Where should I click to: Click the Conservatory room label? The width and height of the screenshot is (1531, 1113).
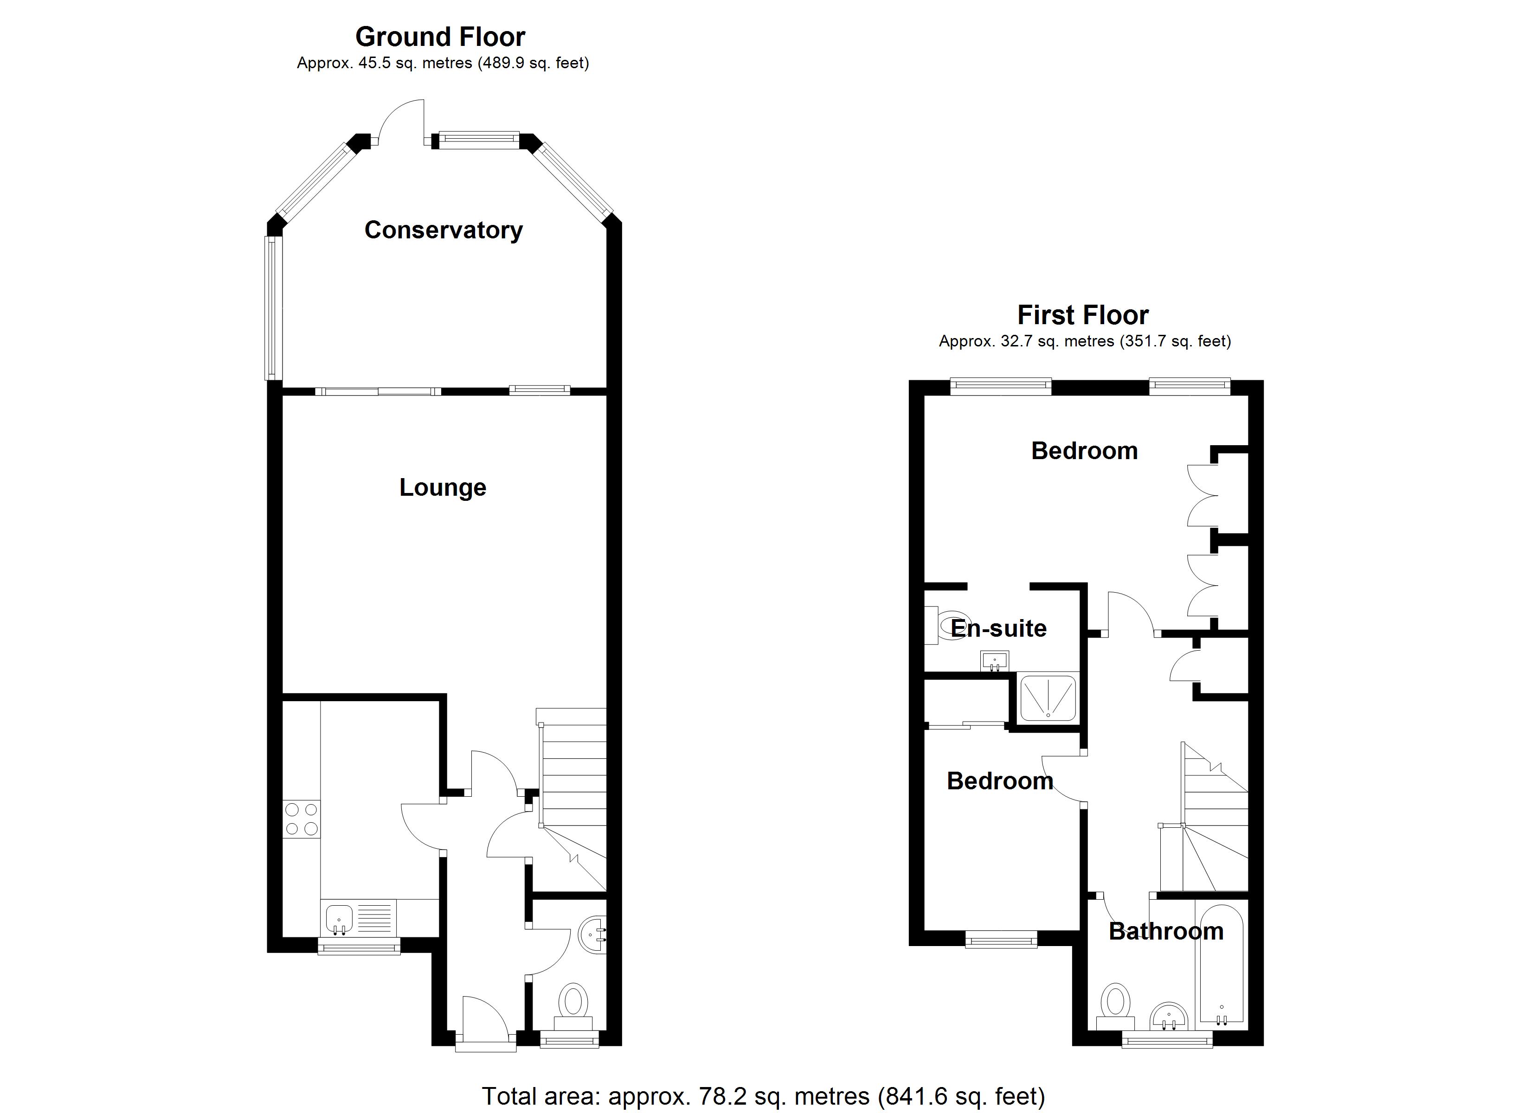[x=444, y=230]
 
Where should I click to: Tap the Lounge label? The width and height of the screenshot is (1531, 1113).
[x=442, y=487]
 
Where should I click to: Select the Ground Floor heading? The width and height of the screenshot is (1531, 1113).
[x=440, y=37]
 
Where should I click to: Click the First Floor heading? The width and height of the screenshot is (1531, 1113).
[x=1083, y=315]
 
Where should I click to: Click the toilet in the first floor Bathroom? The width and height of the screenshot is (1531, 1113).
[x=1115, y=1006]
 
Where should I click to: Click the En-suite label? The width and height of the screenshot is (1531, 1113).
[x=998, y=628]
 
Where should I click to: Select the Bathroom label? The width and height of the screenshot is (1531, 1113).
[x=1166, y=931]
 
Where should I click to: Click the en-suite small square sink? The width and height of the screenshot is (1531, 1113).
[x=994, y=659]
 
